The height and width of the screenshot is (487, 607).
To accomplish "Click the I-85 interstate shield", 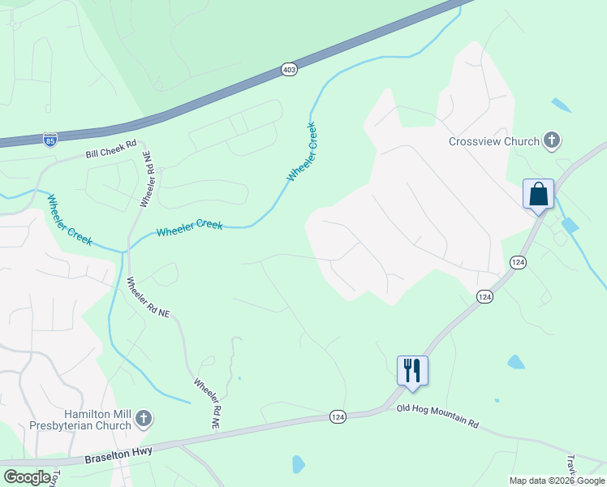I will click(50, 140).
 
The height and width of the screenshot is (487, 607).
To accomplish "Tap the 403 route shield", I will click(290, 70).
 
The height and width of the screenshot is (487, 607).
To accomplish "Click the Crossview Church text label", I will click(493, 141).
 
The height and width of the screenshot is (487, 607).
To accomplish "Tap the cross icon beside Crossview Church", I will click(552, 140).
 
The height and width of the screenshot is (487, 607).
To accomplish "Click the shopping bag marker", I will click(538, 195).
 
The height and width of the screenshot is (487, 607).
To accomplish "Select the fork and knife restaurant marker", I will click(412, 371).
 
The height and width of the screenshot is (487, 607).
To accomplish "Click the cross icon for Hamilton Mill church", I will click(143, 419).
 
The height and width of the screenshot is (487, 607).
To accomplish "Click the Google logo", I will click(28, 477).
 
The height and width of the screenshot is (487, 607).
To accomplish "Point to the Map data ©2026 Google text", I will click(557, 481).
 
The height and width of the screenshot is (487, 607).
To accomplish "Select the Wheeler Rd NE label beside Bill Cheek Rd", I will click(147, 179).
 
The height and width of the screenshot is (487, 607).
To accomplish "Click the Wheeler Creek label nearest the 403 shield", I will click(301, 153).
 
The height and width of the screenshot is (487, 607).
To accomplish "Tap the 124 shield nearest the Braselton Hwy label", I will click(338, 416).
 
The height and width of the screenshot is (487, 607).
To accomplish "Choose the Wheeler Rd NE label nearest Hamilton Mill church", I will click(206, 403).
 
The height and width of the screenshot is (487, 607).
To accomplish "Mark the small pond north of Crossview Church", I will click(561, 106).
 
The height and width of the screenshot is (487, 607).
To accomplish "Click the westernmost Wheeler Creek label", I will click(69, 219).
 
